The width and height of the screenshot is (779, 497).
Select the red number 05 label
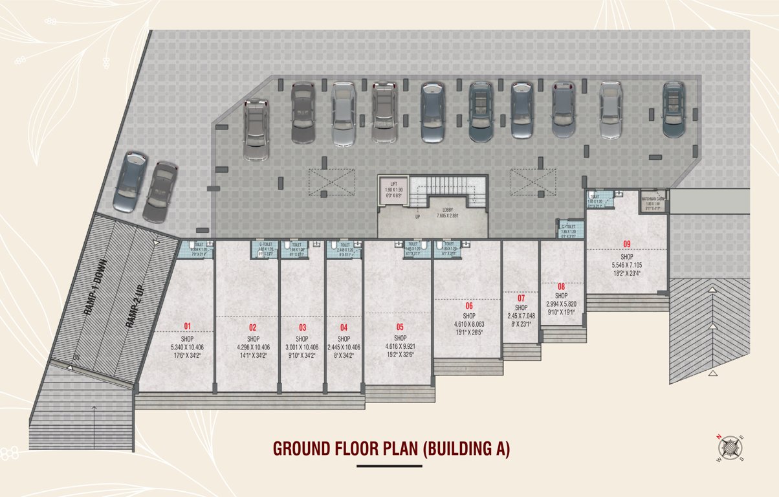coord(400,327)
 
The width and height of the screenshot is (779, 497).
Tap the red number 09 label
coord(626,244)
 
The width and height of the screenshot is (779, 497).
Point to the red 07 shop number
coord(521,298)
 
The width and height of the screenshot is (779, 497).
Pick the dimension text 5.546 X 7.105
coord(626,265)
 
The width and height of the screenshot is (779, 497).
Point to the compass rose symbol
coord(729,447)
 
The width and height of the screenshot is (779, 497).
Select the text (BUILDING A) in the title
coord(466,449)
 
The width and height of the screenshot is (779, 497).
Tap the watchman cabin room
coord(653,201)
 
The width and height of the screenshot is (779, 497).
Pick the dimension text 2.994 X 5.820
coord(561,304)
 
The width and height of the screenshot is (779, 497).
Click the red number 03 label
coord(302,327)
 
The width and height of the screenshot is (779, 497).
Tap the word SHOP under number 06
coord(468,316)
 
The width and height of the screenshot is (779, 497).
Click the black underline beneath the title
coord(389,466)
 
